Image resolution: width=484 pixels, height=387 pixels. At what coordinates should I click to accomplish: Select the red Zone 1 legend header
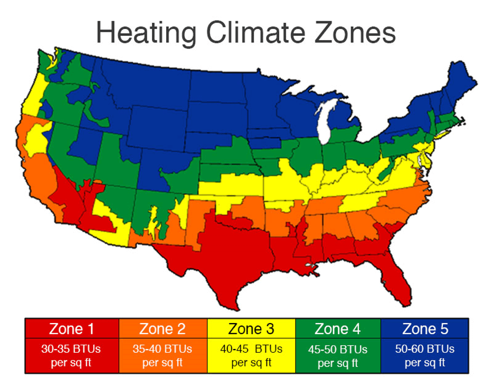(x=72, y=329)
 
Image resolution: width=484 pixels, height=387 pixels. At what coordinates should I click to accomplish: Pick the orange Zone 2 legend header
(x=163, y=329)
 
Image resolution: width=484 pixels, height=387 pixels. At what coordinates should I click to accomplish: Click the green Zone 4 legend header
(x=338, y=329)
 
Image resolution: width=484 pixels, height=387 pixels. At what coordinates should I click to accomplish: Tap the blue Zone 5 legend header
(x=425, y=329)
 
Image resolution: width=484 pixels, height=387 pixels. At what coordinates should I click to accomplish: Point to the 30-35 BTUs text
(x=72, y=349)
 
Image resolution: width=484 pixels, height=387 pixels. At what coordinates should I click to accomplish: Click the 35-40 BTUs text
(x=163, y=349)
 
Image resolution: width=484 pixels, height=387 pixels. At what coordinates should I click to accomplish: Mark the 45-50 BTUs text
(x=338, y=349)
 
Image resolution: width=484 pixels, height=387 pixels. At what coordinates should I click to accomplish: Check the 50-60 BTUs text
(x=425, y=349)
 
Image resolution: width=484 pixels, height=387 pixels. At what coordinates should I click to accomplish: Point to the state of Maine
(x=455, y=84)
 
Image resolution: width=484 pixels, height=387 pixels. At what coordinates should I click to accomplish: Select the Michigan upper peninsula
(x=306, y=100)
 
